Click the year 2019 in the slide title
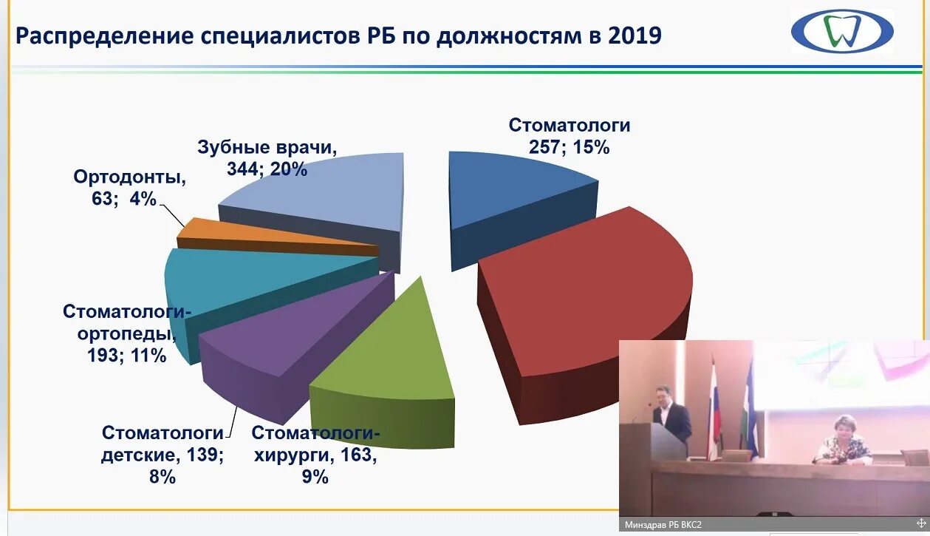(x=635, y=35)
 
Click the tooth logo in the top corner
(x=842, y=32)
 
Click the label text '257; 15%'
(x=569, y=147)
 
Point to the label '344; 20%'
(x=267, y=169)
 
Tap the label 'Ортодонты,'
(x=129, y=177)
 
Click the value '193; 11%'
(x=126, y=356)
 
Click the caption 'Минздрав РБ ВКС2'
(x=663, y=525)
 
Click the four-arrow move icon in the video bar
(x=920, y=523)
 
